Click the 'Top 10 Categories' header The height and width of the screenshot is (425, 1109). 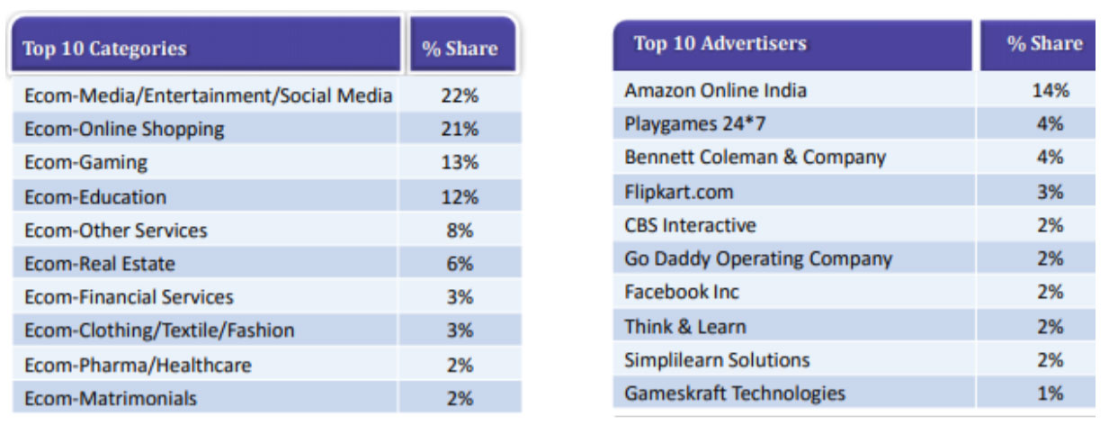pyautogui.click(x=104, y=49)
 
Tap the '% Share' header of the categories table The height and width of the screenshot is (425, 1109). pyautogui.click(x=460, y=49)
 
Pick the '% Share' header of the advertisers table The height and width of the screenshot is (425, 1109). pyautogui.click(x=1044, y=43)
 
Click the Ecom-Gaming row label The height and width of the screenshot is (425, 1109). pyautogui.click(x=86, y=163)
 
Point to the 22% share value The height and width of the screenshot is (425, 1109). pyautogui.click(x=459, y=95)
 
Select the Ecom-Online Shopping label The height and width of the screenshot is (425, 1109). pyautogui.click(x=124, y=130)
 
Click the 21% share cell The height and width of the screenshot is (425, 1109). pyautogui.click(x=459, y=130)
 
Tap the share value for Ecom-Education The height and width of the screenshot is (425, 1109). pyautogui.click(x=459, y=197)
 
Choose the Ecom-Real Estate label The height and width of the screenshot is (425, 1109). pyautogui.click(x=100, y=264)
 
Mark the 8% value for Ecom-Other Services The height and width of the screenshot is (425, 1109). pyautogui.click(x=459, y=231)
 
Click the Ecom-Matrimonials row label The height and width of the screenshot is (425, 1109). pyautogui.click(x=111, y=398)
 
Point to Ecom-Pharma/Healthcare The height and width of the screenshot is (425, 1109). pyautogui.click(x=138, y=365)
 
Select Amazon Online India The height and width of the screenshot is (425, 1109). pyautogui.click(x=716, y=90)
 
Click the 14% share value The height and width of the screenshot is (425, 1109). pyautogui.click(x=1050, y=90)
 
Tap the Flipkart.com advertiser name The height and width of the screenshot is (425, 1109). pyautogui.click(x=679, y=192)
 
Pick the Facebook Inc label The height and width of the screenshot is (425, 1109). pyautogui.click(x=682, y=292)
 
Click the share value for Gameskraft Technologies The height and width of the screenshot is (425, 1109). pyautogui.click(x=1050, y=393)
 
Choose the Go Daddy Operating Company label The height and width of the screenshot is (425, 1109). pyautogui.click(x=758, y=259)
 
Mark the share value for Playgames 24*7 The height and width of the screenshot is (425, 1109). pyautogui.click(x=1050, y=123)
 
